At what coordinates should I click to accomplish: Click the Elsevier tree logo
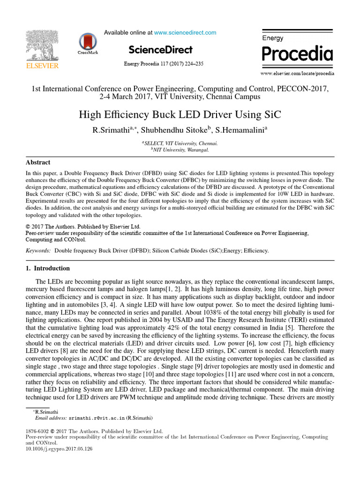click(x=42, y=45)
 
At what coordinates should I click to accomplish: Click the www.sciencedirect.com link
click(x=185, y=33)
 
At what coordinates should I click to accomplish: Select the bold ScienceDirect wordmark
click(x=160, y=50)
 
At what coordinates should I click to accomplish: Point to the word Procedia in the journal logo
click(x=297, y=54)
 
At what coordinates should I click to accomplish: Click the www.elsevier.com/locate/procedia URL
click(x=297, y=74)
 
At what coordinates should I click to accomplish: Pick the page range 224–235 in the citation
click(x=193, y=64)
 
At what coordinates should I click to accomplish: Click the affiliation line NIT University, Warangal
click(x=181, y=150)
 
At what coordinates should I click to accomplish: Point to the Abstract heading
click(x=38, y=163)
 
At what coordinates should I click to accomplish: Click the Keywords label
click(x=38, y=251)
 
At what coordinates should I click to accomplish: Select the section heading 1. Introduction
click(x=47, y=269)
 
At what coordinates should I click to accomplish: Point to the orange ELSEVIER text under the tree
click(x=42, y=66)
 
